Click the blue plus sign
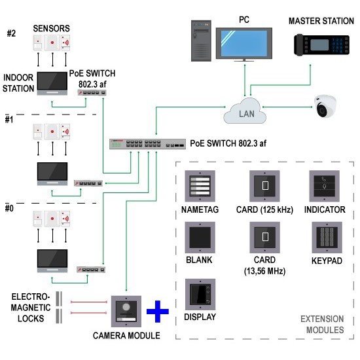click(157, 311)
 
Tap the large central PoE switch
click(147, 144)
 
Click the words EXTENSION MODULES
click(322, 325)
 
